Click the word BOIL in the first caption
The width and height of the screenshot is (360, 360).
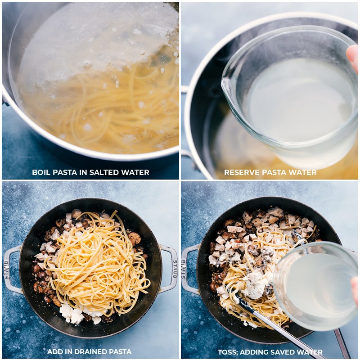[41, 172]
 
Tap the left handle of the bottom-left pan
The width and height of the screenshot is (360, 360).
[12, 269]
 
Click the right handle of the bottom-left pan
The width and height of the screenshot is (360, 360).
[169, 269]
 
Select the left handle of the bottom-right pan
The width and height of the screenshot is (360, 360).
[190, 269]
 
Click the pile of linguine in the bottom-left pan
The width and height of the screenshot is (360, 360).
[97, 265]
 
